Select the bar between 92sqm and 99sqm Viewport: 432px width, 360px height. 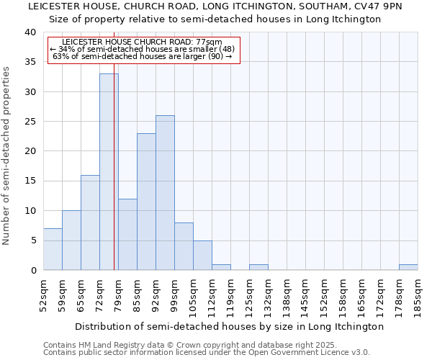[x=165, y=192]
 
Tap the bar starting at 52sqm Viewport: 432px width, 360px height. [x=53, y=249]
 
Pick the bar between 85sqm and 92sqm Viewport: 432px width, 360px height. [x=146, y=202]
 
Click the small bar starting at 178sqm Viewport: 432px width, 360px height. [x=408, y=267]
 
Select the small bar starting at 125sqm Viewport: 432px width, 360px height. [x=258, y=267]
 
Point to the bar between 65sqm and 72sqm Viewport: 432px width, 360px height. [x=90, y=222]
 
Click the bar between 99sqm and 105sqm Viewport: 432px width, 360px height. [x=184, y=246]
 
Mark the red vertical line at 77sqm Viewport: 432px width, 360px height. [x=114, y=180]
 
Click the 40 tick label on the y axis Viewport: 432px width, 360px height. [x=30, y=32]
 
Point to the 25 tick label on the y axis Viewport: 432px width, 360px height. [x=30, y=122]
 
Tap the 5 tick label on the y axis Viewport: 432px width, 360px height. [x=32, y=240]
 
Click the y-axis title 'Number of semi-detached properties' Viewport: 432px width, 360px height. [x=7, y=155]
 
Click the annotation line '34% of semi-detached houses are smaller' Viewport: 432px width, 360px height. [x=143, y=50]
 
